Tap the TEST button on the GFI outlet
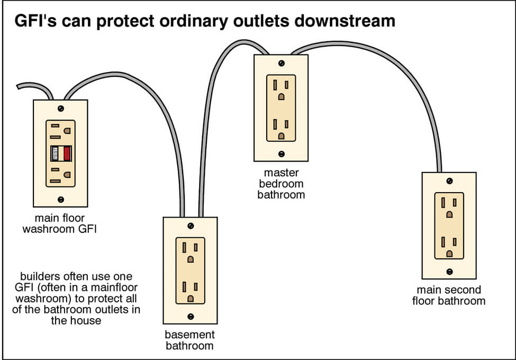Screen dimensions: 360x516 tap(55, 154)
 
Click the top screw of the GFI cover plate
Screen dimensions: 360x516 tap(61, 109)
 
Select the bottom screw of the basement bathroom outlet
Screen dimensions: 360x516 tap(191, 316)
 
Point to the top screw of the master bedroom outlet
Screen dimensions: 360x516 tap(281, 63)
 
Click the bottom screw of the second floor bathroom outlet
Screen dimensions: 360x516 tap(449, 272)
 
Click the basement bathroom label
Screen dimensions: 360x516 tap(190, 340)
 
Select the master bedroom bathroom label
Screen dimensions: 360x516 tap(281, 184)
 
